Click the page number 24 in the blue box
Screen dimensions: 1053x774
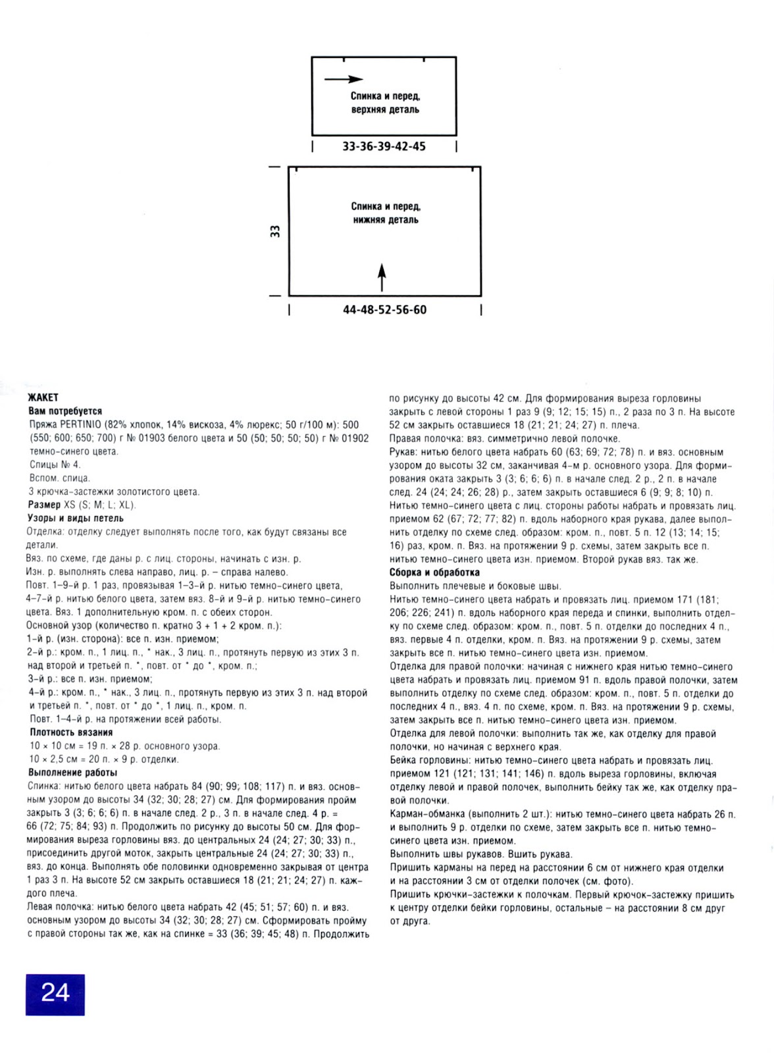[x=55, y=992]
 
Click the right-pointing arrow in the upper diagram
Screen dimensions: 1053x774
[x=343, y=79]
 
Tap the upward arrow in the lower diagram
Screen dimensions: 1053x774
[x=382, y=277]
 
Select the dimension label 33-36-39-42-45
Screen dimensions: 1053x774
[x=384, y=146]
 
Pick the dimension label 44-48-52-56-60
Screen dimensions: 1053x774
[x=384, y=309]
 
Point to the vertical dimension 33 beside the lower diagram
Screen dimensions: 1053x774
[x=275, y=231]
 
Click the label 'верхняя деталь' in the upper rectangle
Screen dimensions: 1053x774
[x=385, y=110]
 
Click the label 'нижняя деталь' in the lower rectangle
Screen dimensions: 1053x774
[x=386, y=220]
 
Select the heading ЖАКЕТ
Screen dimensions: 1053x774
[x=43, y=398]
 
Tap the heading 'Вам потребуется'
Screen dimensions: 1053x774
[x=65, y=411]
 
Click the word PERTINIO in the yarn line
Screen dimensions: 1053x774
[x=81, y=424]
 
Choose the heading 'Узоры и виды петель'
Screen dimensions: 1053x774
[x=75, y=519]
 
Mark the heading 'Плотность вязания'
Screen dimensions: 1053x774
[x=71, y=732]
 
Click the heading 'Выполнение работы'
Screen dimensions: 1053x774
[x=73, y=773]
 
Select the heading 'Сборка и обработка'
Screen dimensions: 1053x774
[x=434, y=573]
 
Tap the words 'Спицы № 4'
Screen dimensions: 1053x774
[x=55, y=465]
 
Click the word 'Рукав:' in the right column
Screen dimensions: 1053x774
[x=403, y=452]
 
